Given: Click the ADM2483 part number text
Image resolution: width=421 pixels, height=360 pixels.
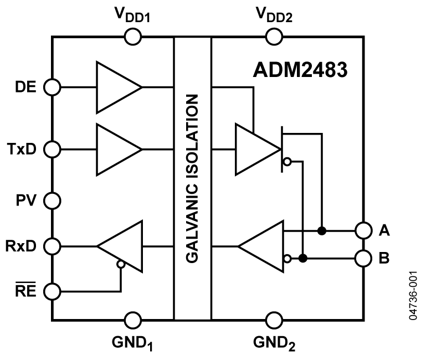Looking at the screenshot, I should click(301, 70).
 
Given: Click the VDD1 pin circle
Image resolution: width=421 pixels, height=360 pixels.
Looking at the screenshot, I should click(133, 37).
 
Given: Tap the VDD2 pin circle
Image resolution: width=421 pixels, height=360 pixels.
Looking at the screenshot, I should click(273, 37).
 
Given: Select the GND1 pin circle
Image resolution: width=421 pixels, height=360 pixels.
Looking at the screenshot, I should click(133, 320).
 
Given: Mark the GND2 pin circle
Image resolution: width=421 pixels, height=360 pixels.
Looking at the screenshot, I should click(273, 320).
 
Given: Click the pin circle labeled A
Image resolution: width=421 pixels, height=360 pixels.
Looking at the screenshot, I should click(363, 230).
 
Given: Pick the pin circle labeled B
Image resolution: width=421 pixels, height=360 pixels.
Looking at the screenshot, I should click(363, 258).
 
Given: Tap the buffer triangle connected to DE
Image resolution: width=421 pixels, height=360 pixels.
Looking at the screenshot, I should click(118, 88).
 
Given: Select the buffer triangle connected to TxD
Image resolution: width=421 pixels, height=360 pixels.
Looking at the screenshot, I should click(118, 149).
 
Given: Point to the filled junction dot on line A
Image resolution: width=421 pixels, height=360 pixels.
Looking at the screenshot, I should click(321, 230).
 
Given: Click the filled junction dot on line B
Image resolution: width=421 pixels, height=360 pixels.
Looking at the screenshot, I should click(302, 258).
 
